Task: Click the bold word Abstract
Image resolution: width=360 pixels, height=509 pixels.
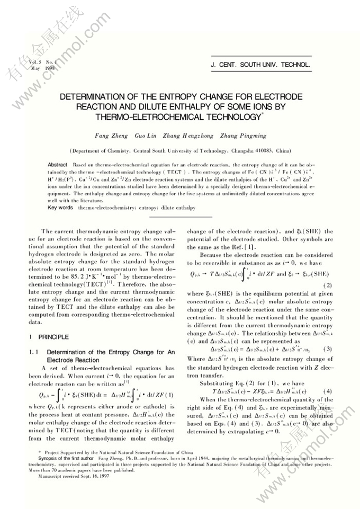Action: [58, 165]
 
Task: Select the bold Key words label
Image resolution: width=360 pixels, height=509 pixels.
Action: [60, 208]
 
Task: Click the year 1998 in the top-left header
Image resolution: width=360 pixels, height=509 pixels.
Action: [50, 69]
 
